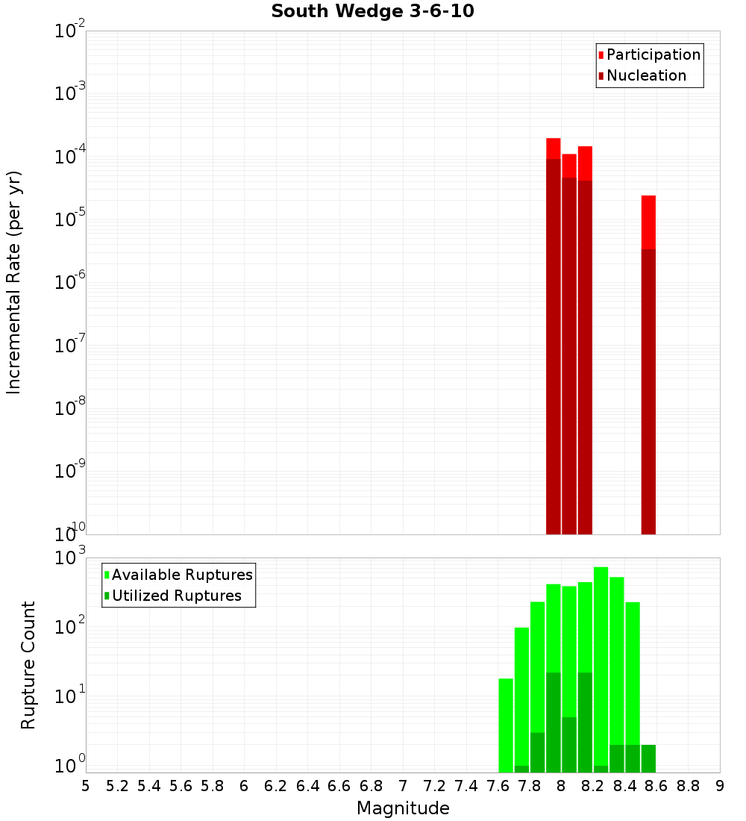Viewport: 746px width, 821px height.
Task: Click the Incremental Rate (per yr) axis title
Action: (14, 282)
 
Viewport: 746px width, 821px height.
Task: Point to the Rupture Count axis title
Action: (28, 664)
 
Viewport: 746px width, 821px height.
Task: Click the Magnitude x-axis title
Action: (403, 808)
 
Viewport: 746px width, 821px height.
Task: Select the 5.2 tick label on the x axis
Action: (117, 786)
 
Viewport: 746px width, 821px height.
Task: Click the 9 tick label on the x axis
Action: (720, 786)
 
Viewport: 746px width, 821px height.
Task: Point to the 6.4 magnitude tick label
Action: (307, 786)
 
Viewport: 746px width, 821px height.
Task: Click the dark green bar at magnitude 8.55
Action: (648, 758)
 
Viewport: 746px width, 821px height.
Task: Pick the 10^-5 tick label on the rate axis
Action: (69, 219)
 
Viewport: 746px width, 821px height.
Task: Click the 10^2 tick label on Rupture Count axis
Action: (69, 627)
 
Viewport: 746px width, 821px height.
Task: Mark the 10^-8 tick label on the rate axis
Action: (69, 408)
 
